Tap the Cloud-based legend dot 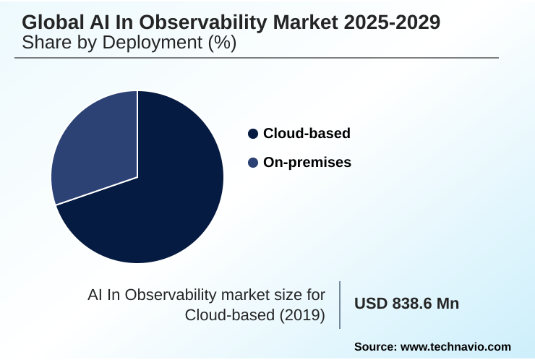[x=252, y=134]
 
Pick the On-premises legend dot [x=252, y=163]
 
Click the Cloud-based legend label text [x=307, y=134]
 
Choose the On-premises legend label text [x=307, y=163]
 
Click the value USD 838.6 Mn [x=406, y=304]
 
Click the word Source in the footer [x=377, y=347]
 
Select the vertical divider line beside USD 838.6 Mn [x=340, y=304]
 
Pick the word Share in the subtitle [x=46, y=43]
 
